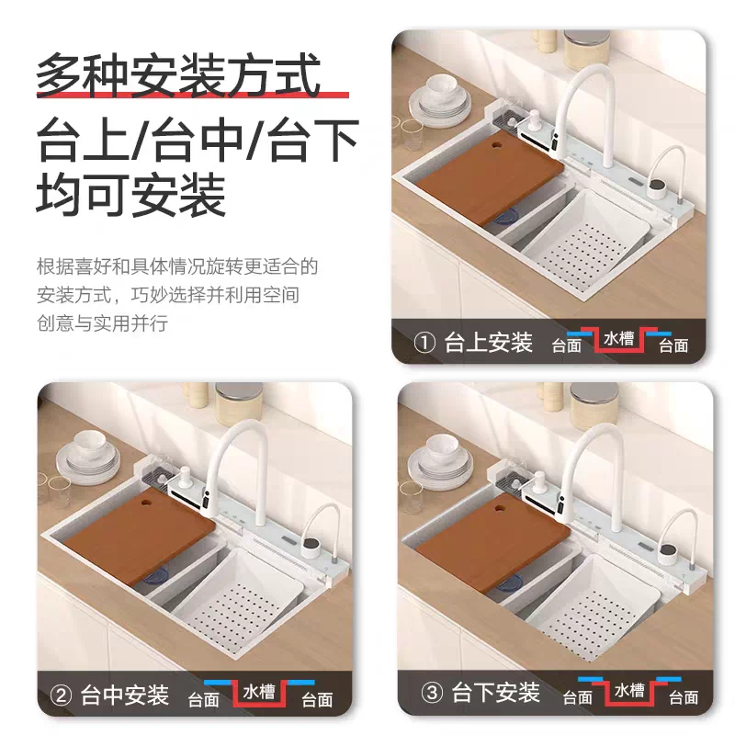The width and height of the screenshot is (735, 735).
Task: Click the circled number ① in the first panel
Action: click(x=424, y=342)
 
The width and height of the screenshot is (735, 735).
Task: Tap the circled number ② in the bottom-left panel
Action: click(x=61, y=695)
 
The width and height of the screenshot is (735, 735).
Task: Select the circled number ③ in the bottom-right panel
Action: click(x=432, y=693)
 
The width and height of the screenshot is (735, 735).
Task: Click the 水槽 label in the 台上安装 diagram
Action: click(x=618, y=338)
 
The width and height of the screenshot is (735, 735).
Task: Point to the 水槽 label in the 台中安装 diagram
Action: click(x=259, y=692)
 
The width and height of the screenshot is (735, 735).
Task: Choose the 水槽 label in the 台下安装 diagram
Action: click(x=629, y=691)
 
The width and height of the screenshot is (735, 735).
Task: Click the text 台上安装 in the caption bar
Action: click(x=488, y=342)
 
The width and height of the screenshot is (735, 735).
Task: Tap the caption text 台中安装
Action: click(x=124, y=695)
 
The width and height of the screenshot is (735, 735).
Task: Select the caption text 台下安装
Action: click(x=495, y=693)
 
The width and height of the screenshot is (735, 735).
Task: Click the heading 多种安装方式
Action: click(x=178, y=75)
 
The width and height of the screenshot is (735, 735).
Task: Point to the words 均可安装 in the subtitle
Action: click(x=131, y=195)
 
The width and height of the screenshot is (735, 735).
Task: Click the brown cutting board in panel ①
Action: click(x=490, y=177)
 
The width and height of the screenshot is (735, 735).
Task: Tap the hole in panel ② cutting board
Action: click(x=146, y=502)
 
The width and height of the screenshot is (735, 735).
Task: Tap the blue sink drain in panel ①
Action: click(x=507, y=217)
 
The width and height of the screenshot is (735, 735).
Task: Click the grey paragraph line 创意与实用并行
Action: click(x=102, y=323)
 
